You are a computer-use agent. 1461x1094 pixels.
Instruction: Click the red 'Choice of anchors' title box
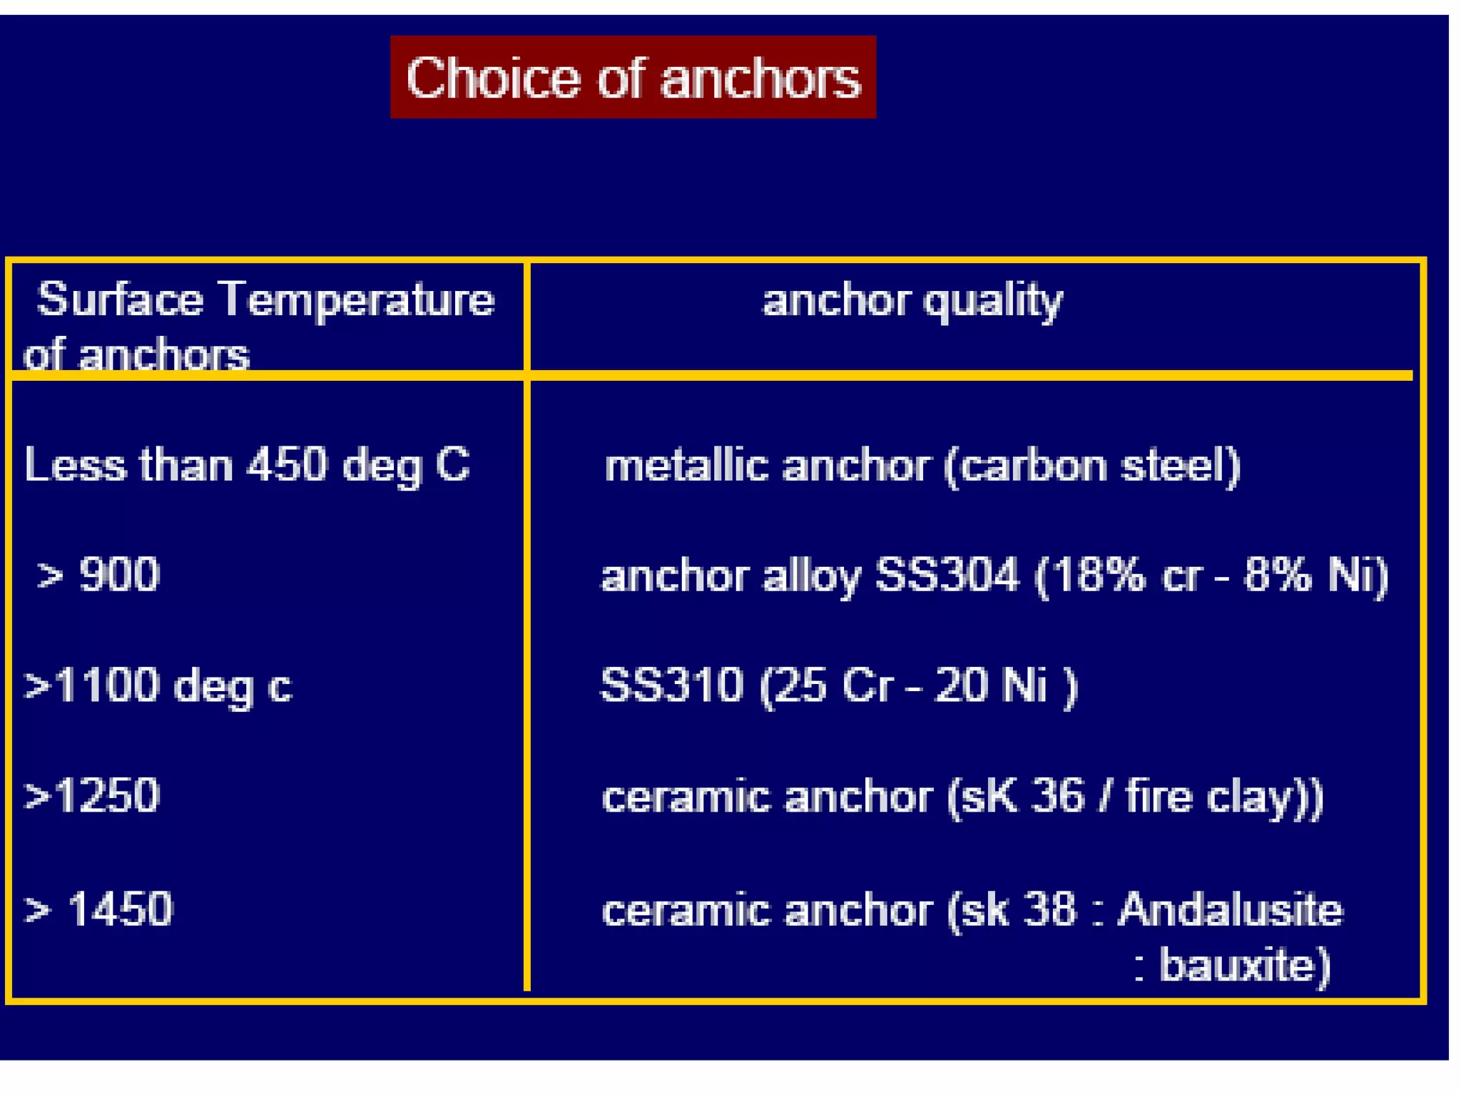point(632,77)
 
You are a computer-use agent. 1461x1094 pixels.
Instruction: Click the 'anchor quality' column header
point(912,300)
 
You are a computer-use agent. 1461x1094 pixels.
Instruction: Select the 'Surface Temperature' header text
point(265,299)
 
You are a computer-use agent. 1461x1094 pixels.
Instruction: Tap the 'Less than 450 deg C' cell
point(247,465)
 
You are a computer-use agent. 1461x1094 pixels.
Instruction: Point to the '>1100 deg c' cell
point(158,685)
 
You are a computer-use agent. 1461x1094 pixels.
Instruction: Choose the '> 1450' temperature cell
point(99,909)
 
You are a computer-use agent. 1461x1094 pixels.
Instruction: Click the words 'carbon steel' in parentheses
point(1091,466)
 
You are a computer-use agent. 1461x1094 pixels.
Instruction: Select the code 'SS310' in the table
point(671,685)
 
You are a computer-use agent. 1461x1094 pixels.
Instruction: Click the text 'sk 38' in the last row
point(1017,910)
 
